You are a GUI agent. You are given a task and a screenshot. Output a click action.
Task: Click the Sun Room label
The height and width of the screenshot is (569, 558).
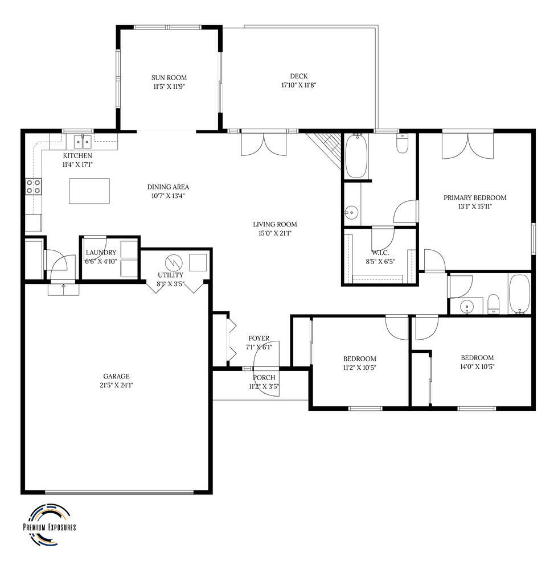point(169,77)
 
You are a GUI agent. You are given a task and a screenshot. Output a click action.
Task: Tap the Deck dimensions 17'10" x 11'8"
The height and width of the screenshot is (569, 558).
point(299,85)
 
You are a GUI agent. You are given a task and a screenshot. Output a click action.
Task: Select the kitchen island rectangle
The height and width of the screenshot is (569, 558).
point(89,191)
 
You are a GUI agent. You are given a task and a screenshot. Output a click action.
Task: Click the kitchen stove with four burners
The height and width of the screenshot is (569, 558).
point(34,187)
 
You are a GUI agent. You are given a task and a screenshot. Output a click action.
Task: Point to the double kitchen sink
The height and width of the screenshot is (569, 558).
point(83,141)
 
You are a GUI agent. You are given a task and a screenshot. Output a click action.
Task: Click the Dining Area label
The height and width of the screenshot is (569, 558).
point(168,187)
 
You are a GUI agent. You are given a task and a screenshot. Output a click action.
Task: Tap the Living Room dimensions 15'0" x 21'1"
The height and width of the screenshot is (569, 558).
point(275,233)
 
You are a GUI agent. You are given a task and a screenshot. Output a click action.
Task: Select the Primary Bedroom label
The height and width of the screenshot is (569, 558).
point(475,198)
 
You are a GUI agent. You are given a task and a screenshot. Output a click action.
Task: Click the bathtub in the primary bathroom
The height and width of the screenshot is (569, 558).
point(356,156)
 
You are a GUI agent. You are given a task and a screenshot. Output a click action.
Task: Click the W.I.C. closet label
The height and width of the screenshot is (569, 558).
point(380,253)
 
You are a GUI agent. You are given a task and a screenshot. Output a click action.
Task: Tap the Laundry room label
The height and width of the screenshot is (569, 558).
point(101,253)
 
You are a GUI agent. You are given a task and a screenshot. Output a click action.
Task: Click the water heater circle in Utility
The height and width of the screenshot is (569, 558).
point(173,262)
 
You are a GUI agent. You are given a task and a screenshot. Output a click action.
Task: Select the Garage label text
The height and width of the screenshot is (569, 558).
point(116,376)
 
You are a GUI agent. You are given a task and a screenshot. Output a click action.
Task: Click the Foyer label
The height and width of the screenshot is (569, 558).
point(259,339)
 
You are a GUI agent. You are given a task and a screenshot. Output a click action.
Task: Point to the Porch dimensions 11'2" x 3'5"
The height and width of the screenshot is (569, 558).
point(264,386)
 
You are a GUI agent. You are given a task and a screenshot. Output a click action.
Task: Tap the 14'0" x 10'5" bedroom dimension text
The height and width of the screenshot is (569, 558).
point(477,366)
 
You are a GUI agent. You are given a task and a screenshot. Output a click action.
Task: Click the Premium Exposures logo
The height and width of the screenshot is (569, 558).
point(50,525)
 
